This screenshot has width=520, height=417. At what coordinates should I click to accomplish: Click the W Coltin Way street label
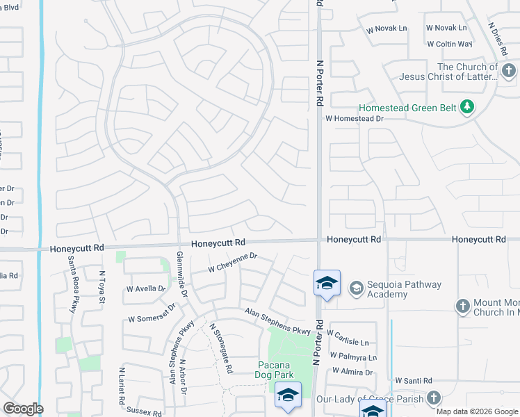pyautogui.click(x=450, y=44)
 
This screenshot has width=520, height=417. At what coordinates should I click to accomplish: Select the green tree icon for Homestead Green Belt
pyautogui.click(x=469, y=106)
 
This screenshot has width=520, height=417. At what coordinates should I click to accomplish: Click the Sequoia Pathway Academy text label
pyautogui.click(x=387, y=290)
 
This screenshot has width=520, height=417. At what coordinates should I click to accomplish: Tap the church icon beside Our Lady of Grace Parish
pyautogui.click(x=434, y=398)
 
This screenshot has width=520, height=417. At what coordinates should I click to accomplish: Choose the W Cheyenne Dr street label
pyautogui.click(x=233, y=261)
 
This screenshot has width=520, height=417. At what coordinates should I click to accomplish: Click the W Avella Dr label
pyautogui.click(x=146, y=288)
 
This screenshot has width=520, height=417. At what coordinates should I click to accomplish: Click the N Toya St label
pyautogui.click(x=101, y=287)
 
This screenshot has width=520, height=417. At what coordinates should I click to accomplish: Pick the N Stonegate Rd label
pyautogui.click(x=221, y=347)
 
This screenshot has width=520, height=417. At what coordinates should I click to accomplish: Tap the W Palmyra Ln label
pyautogui.click(x=353, y=357)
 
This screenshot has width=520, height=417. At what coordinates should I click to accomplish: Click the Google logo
pyautogui.click(x=22, y=409)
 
